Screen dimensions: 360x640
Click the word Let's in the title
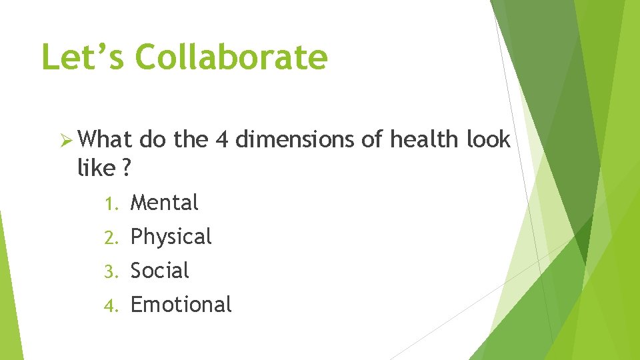click(x=82, y=57)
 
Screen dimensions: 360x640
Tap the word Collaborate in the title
click(x=232, y=57)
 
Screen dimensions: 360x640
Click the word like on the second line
click(x=97, y=169)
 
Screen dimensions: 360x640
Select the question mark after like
click(x=126, y=169)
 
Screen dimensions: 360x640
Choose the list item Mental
click(x=165, y=203)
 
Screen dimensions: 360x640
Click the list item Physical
click(x=171, y=237)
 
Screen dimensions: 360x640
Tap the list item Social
click(x=160, y=271)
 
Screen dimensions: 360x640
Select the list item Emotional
click(x=181, y=305)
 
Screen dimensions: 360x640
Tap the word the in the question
click(x=191, y=140)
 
